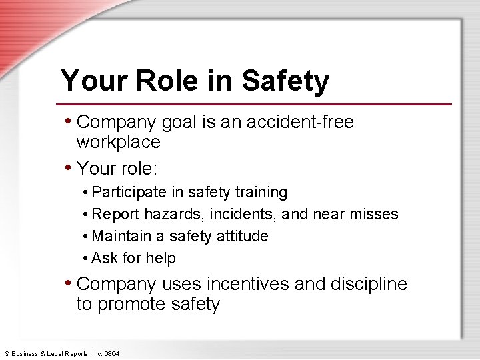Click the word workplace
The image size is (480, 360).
tap(119, 142)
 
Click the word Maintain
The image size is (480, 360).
tap(120, 236)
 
